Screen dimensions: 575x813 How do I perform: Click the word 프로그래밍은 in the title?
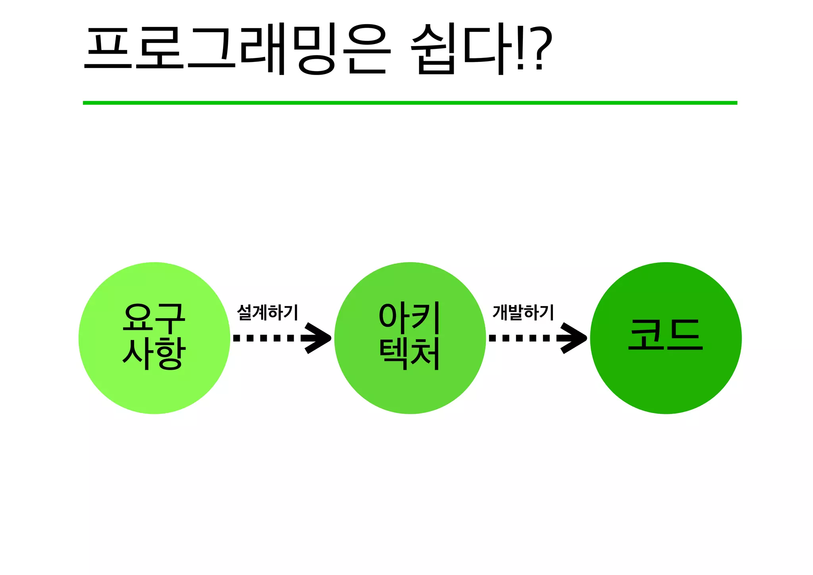(237, 50)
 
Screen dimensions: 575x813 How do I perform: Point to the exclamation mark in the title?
(520, 50)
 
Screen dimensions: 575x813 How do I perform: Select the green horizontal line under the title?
(410, 103)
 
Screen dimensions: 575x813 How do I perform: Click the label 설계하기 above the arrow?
(267, 313)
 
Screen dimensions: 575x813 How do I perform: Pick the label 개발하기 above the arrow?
(523, 313)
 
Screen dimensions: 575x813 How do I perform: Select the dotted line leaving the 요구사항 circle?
(264, 338)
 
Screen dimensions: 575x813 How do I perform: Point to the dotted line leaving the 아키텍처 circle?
(520, 338)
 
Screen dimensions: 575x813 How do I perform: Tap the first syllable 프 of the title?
(108, 50)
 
